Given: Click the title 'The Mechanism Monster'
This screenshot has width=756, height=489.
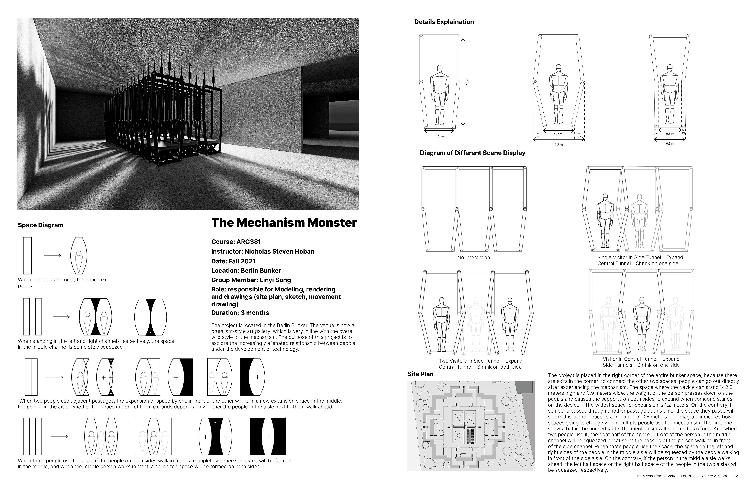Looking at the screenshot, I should [284, 223].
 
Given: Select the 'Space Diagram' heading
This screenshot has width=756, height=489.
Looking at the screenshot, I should [41, 225].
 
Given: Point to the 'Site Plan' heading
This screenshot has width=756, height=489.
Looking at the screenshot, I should [420, 374].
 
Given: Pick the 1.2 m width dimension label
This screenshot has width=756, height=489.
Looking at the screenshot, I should [558, 145].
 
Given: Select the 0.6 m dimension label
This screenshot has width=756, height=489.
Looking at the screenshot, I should [670, 134].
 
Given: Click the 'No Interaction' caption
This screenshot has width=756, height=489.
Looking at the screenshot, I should [473, 258].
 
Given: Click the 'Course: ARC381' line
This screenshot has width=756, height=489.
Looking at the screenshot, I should [236, 242].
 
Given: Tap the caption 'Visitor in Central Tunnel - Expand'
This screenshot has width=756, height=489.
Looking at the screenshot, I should [641, 359].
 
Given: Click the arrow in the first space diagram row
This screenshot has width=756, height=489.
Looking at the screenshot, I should [52, 256].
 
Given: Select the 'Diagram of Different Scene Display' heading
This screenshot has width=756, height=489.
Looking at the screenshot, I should [472, 153].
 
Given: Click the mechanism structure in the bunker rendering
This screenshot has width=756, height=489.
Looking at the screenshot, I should [162, 114].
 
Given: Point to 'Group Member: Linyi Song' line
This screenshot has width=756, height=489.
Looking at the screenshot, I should [251, 280].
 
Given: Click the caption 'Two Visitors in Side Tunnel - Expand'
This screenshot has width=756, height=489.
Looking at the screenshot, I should [480, 361].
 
